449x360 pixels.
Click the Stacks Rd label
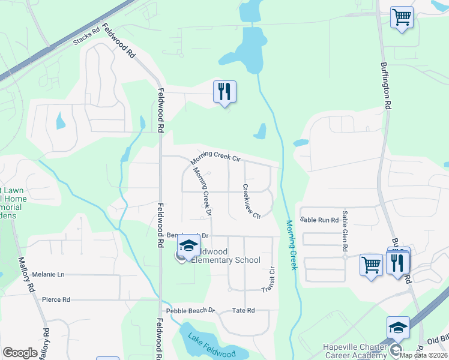tap(86, 37)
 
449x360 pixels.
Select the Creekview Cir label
tap(251, 201)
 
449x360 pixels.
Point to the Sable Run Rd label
tap(319, 220)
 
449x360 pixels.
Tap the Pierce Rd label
tap(56, 299)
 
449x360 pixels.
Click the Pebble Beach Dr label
tap(190, 310)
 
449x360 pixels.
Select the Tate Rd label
tap(243, 310)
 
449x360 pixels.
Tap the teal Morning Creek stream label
tap(291, 244)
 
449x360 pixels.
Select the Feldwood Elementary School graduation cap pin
tap(188, 247)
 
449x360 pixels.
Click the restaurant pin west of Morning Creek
tap(224, 92)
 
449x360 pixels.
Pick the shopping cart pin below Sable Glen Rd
tap(371, 264)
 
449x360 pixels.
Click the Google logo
tap(20, 353)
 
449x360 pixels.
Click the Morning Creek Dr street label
tap(202, 191)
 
